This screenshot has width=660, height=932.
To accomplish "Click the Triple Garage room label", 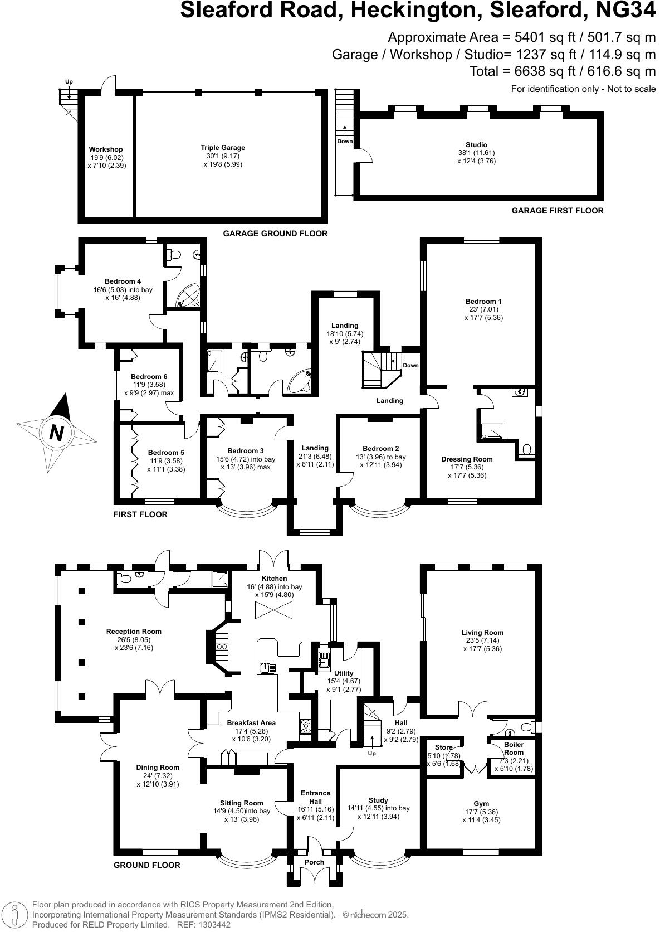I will point(223,148).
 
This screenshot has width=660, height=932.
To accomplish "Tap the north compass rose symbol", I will point(57,432).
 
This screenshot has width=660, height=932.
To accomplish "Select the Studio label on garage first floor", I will point(476,145).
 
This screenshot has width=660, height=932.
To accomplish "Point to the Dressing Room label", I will point(467,459).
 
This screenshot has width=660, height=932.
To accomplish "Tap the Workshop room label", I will point(106,149).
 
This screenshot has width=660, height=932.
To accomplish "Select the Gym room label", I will point(481,804).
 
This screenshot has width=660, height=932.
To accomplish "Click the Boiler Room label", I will point(514,748).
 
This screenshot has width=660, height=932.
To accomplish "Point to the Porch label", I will point(315,862).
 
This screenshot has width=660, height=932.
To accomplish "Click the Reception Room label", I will point(134,632).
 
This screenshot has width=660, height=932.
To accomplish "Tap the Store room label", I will point(444,747).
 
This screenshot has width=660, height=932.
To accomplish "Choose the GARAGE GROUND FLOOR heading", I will point(275,234).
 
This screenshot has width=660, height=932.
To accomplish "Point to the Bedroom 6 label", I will point(149,377).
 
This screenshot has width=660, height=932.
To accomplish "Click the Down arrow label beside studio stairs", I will point(345,142).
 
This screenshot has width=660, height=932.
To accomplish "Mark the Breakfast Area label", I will point(251,723).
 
